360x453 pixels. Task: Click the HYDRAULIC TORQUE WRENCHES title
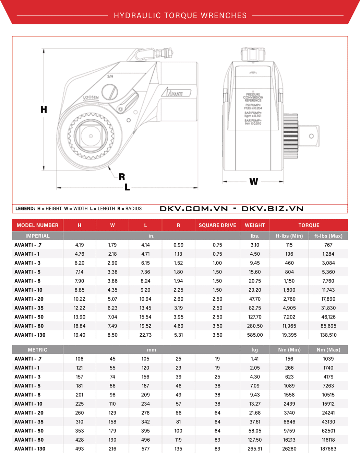pyautogui.click(x=180, y=15)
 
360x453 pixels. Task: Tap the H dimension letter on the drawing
pyautogui.click(x=44, y=109)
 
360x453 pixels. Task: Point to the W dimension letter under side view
pyautogui.click(x=254, y=182)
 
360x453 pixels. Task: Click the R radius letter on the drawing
pyautogui.click(x=122, y=177)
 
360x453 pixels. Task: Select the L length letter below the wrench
pyautogui.click(x=127, y=187)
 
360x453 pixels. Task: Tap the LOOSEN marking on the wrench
pyautogui.click(x=91, y=97)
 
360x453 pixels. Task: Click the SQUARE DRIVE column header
pyautogui.click(x=217, y=225)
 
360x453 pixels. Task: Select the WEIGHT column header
pyautogui.click(x=255, y=225)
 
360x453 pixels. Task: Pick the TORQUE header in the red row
pyautogui.click(x=309, y=225)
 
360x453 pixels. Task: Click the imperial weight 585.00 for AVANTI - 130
pyautogui.click(x=255, y=335)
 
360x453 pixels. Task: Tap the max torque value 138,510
pyautogui.click(x=328, y=335)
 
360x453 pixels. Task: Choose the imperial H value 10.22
pyautogui.click(x=80, y=299)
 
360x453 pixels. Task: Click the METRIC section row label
pyautogui.click(x=37, y=350)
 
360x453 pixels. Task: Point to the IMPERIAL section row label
pyautogui.click(x=37, y=236)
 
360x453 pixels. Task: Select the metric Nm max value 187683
pyautogui.click(x=328, y=449)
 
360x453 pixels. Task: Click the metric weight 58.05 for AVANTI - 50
pyautogui.click(x=255, y=431)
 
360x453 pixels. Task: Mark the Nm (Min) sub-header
pyautogui.click(x=289, y=350)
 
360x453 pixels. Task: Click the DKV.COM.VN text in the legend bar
pyautogui.click(x=194, y=209)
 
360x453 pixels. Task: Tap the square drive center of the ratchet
pyautogui.click(x=91, y=136)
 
